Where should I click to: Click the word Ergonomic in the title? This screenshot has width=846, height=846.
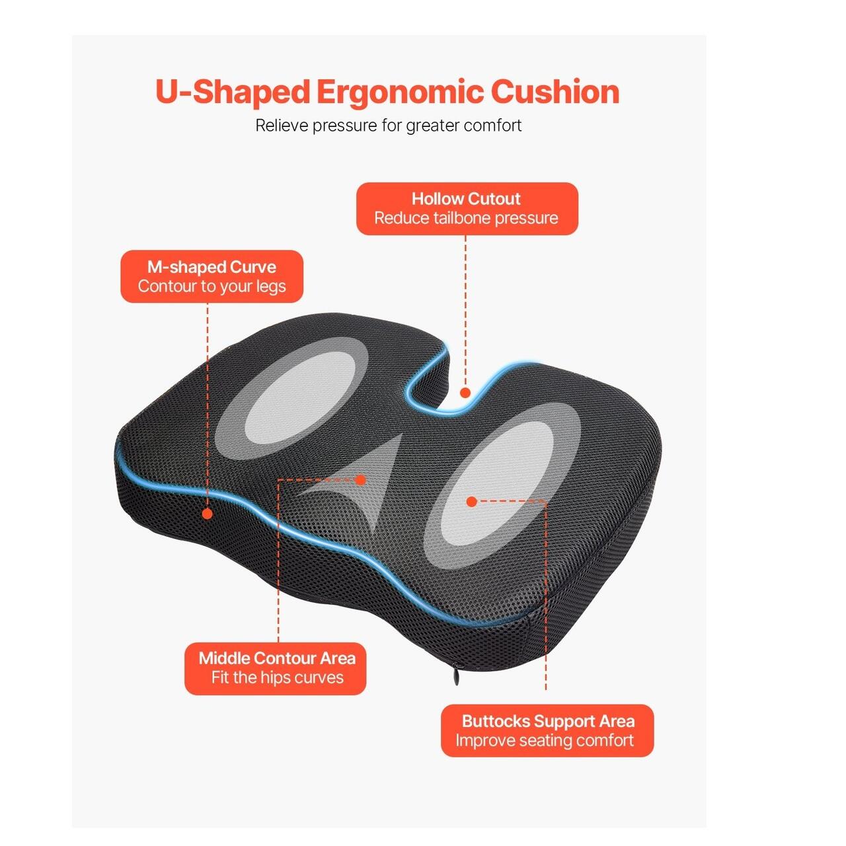coord(400,93)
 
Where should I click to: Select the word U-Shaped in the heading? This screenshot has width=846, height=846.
coord(233,92)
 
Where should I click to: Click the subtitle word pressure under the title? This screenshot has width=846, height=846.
coord(344,126)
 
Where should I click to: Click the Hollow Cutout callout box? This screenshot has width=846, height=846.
coord(467,209)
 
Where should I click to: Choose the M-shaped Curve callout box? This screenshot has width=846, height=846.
coord(211,276)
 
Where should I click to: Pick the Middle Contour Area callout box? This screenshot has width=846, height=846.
coord(275,669)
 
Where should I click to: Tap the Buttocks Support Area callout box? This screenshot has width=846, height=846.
coord(547,730)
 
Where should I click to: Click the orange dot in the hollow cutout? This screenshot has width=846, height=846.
coord(465,393)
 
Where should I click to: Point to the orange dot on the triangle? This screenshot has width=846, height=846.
coord(360,480)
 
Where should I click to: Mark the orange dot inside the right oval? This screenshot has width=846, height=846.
coord(471,502)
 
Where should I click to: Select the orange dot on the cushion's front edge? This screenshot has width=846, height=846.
coord(208,514)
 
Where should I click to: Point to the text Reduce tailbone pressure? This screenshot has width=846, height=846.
coord(466,217)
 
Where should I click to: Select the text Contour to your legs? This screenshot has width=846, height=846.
coord(211,286)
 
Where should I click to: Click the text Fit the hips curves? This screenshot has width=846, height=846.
coord(277,677)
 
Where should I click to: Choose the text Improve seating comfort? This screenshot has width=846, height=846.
coord(545,740)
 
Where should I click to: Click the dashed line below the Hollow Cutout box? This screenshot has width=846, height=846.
coord(465,311)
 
